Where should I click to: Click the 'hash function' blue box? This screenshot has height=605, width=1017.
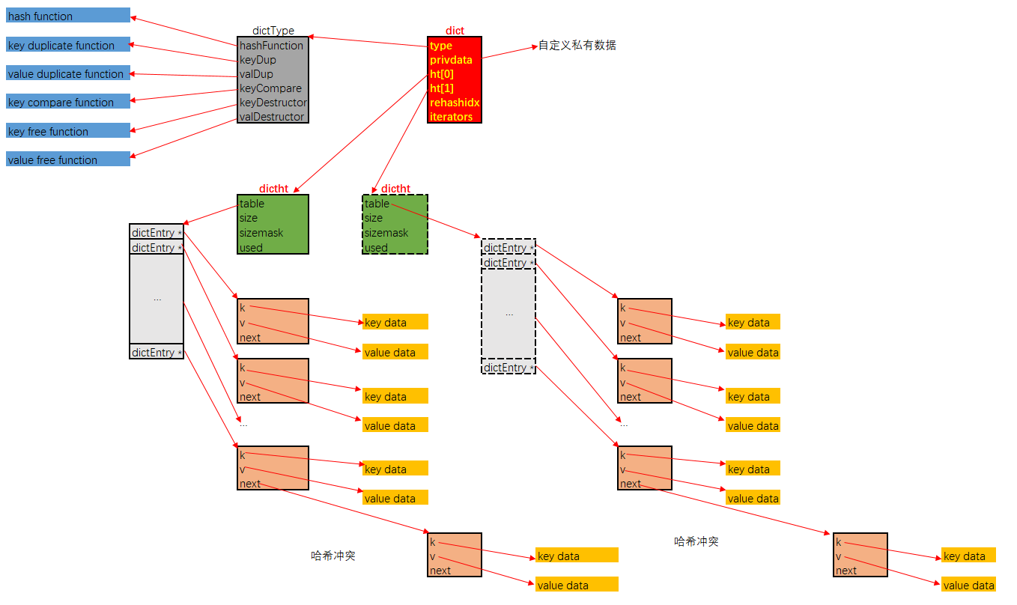tap(67, 16)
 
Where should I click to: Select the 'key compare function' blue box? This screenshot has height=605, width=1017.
tap(67, 103)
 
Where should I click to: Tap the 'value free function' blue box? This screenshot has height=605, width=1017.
tap(67, 159)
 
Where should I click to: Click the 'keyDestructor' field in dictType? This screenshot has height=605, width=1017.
tap(273, 103)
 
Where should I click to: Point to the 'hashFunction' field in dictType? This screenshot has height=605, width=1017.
tap(271, 46)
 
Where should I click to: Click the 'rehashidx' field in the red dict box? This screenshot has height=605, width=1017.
tap(455, 103)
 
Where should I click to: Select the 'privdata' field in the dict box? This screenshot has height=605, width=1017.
tap(451, 60)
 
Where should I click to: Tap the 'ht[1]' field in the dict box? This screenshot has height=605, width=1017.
tap(442, 88)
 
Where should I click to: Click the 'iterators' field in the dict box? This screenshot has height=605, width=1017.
tap(452, 117)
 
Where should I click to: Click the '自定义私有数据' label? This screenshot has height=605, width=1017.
tap(577, 46)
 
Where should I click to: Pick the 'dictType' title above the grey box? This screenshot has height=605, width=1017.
tap(273, 31)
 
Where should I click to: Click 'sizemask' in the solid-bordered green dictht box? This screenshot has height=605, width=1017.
tap(261, 233)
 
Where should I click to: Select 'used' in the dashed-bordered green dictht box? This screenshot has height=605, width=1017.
tap(376, 248)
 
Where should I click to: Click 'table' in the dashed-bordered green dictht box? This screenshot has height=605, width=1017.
tap(377, 204)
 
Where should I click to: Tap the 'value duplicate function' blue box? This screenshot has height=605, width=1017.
tap(67, 74)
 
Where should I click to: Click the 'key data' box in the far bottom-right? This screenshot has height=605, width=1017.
tap(968, 556)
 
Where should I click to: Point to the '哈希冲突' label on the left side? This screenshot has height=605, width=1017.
tap(333, 556)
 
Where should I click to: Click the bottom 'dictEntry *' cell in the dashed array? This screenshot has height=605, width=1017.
tap(508, 368)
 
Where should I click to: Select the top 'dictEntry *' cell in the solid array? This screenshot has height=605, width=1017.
tap(157, 233)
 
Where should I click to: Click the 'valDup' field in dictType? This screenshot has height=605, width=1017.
tap(256, 74)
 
